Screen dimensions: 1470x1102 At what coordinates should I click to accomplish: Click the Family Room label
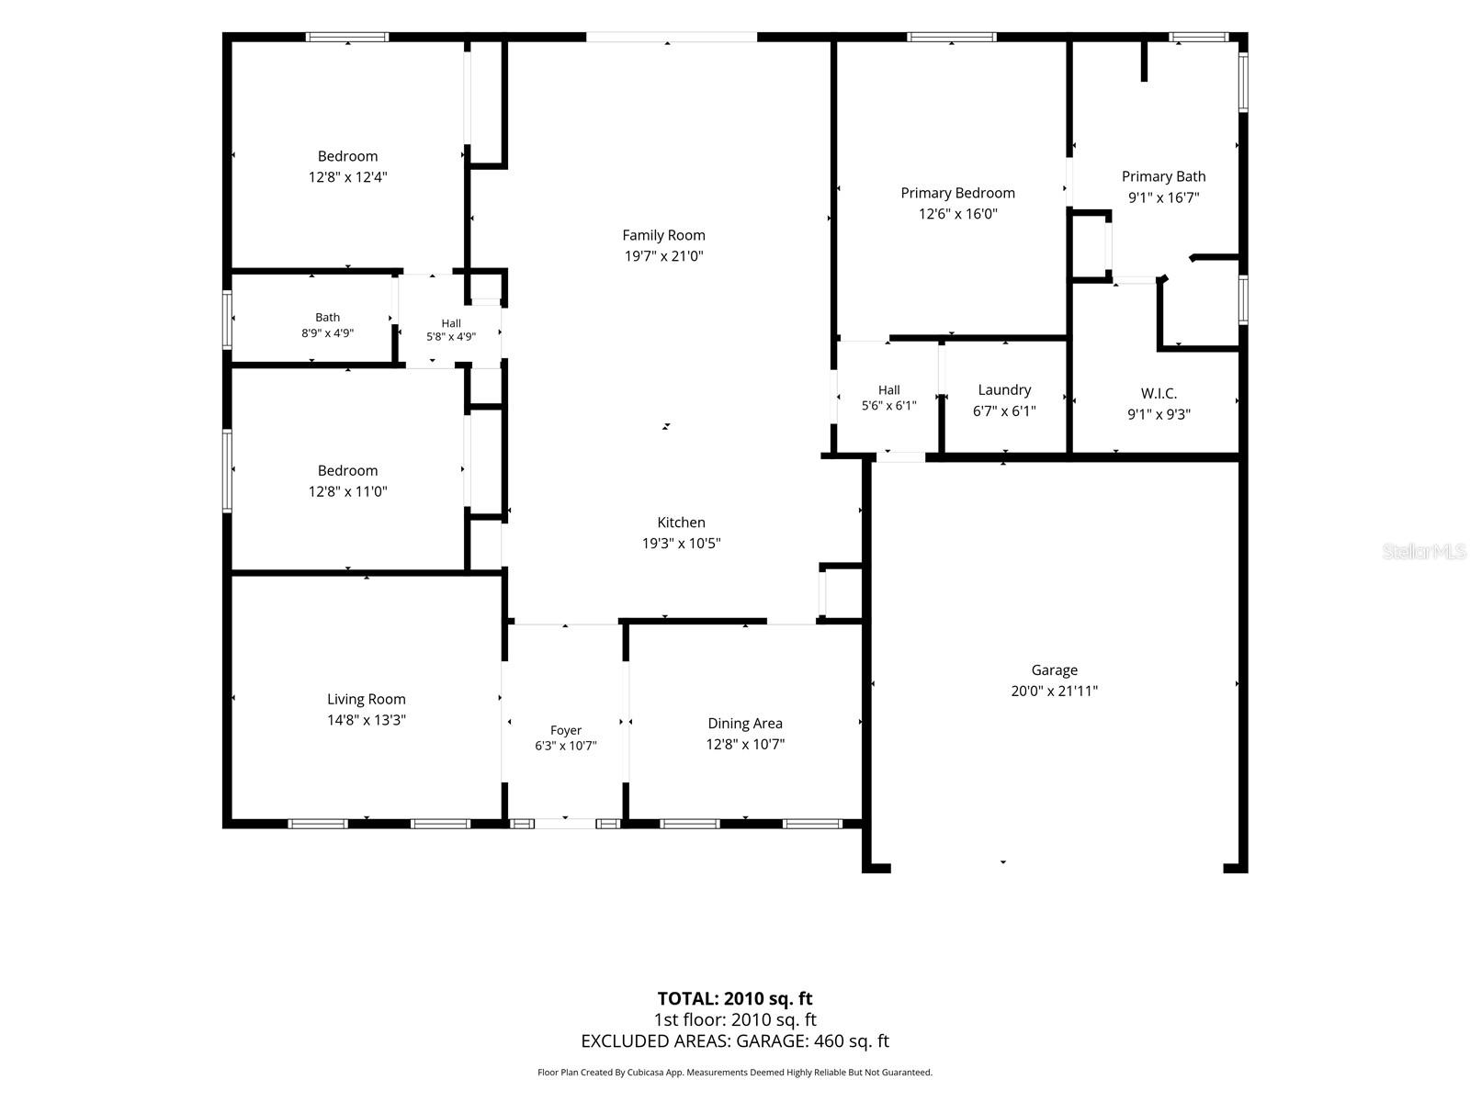(x=663, y=235)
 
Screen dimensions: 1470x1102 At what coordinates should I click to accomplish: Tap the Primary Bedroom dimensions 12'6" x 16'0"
(x=957, y=213)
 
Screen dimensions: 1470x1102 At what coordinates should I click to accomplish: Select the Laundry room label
(x=1004, y=390)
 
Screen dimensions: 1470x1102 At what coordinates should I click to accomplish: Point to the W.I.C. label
(x=1159, y=393)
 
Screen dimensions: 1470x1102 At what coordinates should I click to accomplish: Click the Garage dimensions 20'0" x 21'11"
(x=1054, y=691)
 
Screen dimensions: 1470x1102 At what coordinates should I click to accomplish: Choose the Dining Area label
(x=745, y=724)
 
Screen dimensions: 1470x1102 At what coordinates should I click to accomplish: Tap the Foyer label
(x=565, y=730)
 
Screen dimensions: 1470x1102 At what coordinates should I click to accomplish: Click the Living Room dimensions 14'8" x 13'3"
(x=367, y=720)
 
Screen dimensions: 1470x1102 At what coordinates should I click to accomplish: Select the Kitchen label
(x=681, y=522)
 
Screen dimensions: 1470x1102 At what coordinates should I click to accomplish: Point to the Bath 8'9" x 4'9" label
(x=327, y=325)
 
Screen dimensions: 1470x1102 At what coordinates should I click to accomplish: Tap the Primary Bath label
(x=1163, y=176)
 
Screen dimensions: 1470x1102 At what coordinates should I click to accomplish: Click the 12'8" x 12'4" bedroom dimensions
(x=347, y=176)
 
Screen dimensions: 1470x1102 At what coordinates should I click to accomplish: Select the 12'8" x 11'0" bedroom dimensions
(x=347, y=491)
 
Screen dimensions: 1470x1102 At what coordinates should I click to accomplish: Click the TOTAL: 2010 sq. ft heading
(x=735, y=998)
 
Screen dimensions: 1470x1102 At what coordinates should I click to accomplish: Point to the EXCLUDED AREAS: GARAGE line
(x=735, y=1040)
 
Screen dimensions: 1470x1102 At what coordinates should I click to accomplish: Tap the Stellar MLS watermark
(x=1424, y=551)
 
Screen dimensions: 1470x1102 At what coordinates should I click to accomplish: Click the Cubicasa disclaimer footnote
(x=735, y=1072)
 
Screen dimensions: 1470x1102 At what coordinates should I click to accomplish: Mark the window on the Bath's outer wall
(x=228, y=320)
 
